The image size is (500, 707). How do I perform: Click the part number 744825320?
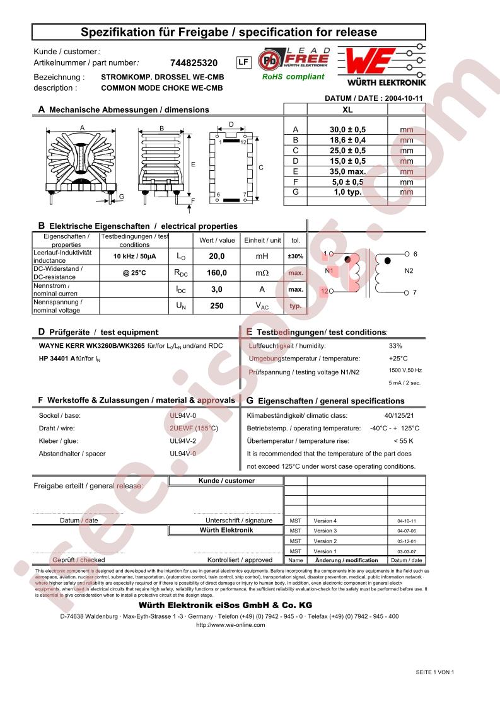click(194, 63)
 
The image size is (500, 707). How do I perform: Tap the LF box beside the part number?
click(243, 62)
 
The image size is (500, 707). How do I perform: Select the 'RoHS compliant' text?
click(293, 77)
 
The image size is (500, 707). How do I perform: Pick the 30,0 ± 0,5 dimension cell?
click(347, 130)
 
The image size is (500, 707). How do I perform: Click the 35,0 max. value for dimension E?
click(347, 171)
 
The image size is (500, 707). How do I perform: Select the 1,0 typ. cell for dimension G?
click(347, 192)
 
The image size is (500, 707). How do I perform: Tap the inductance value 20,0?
click(216, 257)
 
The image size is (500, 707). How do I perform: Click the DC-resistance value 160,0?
click(216, 273)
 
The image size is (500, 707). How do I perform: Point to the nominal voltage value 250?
click(216, 306)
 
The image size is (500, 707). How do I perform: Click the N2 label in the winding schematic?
click(409, 271)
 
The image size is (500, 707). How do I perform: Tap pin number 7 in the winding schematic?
click(415, 293)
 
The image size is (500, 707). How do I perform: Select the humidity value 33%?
click(395, 346)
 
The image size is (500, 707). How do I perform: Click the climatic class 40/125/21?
click(399, 416)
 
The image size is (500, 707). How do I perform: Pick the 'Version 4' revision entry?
click(325, 521)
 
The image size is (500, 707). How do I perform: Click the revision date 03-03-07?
click(407, 551)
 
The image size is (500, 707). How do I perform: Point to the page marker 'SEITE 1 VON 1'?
click(434, 672)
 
